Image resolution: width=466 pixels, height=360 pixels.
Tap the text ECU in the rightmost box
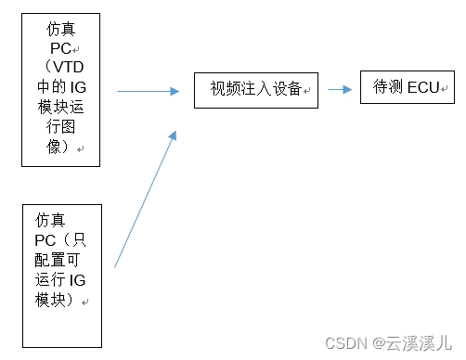[x=423, y=88]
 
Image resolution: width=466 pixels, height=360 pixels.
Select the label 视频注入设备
[x=255, y=89]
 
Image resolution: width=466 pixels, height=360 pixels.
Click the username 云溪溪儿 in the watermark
[x=417, y=341]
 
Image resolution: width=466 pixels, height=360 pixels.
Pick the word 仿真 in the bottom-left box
[x=51, y=220]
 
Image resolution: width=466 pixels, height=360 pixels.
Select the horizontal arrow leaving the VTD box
[x=149, y=91]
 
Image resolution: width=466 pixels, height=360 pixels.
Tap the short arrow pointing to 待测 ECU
[x=339, y=90]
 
